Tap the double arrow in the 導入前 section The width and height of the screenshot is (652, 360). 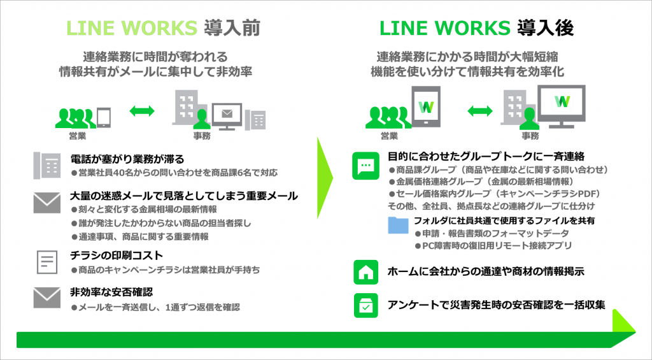pos(142,111)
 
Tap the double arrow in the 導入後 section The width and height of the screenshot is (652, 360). pos(482,111)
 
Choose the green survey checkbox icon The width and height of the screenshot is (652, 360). pos(365,305)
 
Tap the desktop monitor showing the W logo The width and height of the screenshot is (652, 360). pos(562,102)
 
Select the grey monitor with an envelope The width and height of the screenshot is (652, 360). pos(227,115)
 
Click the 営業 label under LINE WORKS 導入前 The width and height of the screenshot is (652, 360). pos(78,136)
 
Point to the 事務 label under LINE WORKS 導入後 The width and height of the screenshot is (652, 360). pos(530,136)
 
